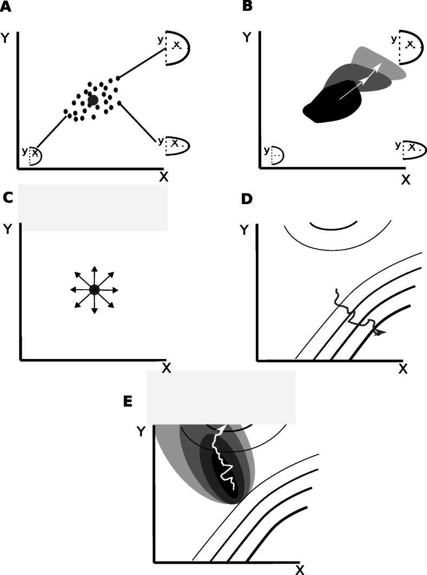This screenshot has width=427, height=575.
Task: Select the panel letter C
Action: (x=8, y=198)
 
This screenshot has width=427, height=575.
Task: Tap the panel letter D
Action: (x=247, y=199)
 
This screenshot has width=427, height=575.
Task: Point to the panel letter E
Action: (x=128, y=401)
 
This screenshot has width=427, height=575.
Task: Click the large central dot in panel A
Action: (x=93, y=100)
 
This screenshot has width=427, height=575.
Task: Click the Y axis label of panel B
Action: (x=247, y=37)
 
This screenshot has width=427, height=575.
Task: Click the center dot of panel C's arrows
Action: (x=94, y=290)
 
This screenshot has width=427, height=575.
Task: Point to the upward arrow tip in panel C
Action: (x=94, y=268)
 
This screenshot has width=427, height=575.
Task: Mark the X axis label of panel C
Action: (x=166, y=368)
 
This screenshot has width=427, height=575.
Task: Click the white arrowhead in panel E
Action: (x=221, y=427)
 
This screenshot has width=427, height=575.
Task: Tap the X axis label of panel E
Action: (x=300, y=569)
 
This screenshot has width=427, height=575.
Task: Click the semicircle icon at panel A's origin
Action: (x=31, y=155)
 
